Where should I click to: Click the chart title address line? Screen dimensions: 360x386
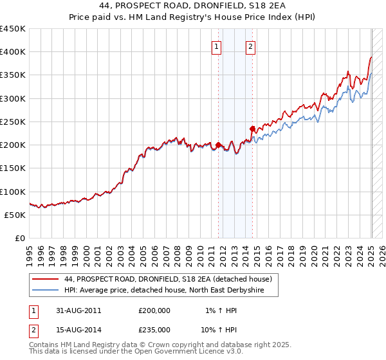tap(193, 6)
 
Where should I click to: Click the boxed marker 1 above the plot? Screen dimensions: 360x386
tap(217, 46)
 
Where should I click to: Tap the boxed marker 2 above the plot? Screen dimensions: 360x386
tap(250, 46)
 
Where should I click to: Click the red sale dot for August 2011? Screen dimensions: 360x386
tap(219, 145)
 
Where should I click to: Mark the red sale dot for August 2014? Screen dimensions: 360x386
tap(252, 129)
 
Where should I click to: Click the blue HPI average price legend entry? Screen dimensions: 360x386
tap(170, 291)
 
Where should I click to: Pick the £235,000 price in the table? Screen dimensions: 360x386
tap(154, 329)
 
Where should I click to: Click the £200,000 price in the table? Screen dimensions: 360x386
tap(154, 310)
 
